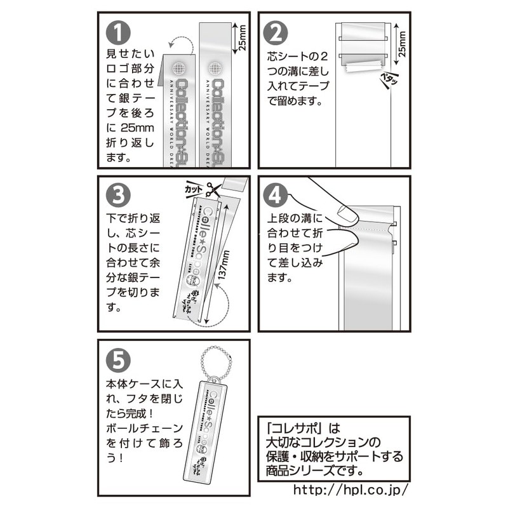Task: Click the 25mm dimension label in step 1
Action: (x=241, y=39)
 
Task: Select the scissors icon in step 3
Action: (x=214, y=189)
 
